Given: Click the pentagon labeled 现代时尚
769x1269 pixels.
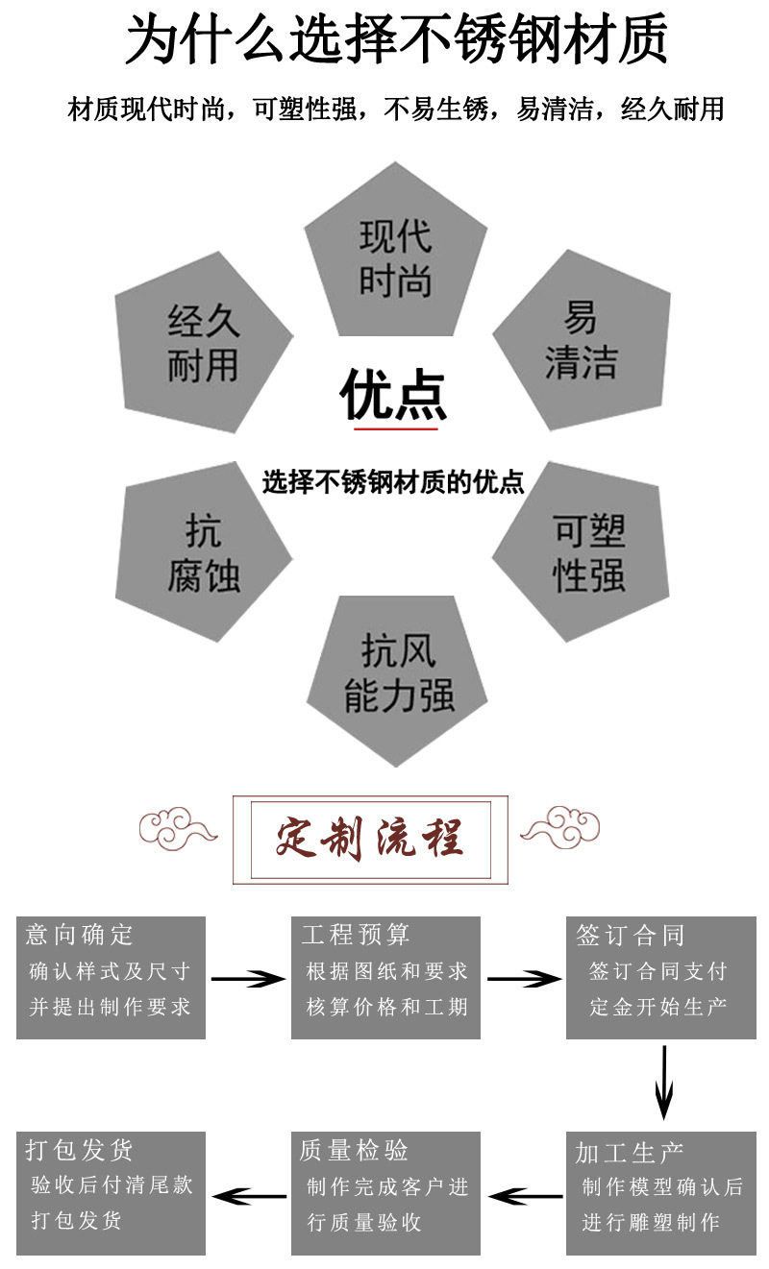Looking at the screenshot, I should [395, 257].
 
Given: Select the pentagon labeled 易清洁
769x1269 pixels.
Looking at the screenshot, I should [581, 340].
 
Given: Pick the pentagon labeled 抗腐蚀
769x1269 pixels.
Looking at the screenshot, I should [203, 553].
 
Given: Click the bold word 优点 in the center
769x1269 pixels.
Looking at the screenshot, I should [394, 395].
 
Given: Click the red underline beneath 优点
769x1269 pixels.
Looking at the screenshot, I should [395, 428].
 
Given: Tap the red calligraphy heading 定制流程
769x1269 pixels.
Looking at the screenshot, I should [370, 838].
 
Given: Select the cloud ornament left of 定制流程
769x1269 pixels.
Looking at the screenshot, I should [178, 827].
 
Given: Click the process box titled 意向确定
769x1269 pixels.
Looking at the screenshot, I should [111, 977].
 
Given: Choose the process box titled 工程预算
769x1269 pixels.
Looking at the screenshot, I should [385, 977].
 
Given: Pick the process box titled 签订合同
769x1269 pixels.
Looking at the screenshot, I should [660, 977].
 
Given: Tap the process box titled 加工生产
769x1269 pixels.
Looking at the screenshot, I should [660, 1192].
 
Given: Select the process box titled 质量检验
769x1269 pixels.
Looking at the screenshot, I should [385, 1192].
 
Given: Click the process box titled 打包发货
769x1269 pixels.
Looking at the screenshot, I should [111, 1192].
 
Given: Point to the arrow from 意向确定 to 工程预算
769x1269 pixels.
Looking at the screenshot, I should [248, 979].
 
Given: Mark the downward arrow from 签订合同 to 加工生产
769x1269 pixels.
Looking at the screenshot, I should [663, 1082].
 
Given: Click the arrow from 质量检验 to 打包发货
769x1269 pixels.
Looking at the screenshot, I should [248, 1196].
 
